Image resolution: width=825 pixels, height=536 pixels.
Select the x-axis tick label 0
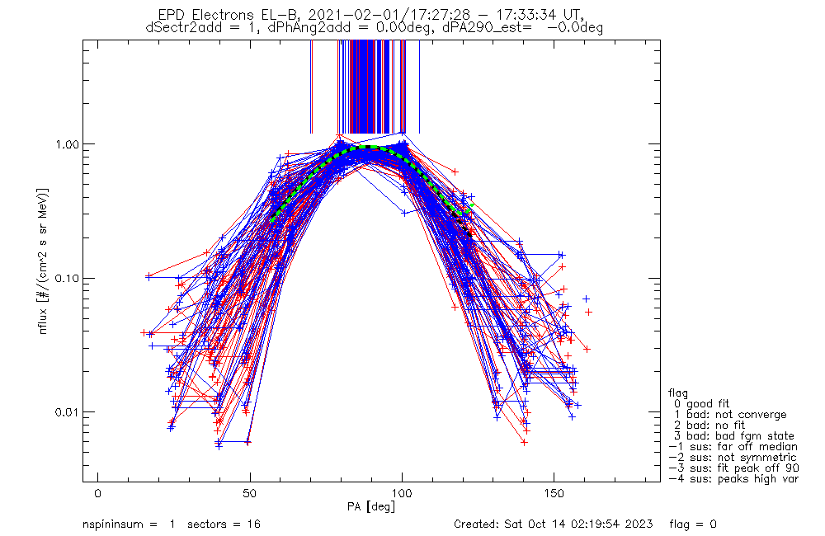click(98, 495)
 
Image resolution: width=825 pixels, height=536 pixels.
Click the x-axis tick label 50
click(250, 495)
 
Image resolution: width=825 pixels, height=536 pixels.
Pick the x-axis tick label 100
click(402, 495)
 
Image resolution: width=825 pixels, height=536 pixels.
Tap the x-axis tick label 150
click(554, 495)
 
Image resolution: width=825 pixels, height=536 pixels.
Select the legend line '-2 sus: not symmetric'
click(733, 457)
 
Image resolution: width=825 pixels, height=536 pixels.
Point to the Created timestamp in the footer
click(554, 524)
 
